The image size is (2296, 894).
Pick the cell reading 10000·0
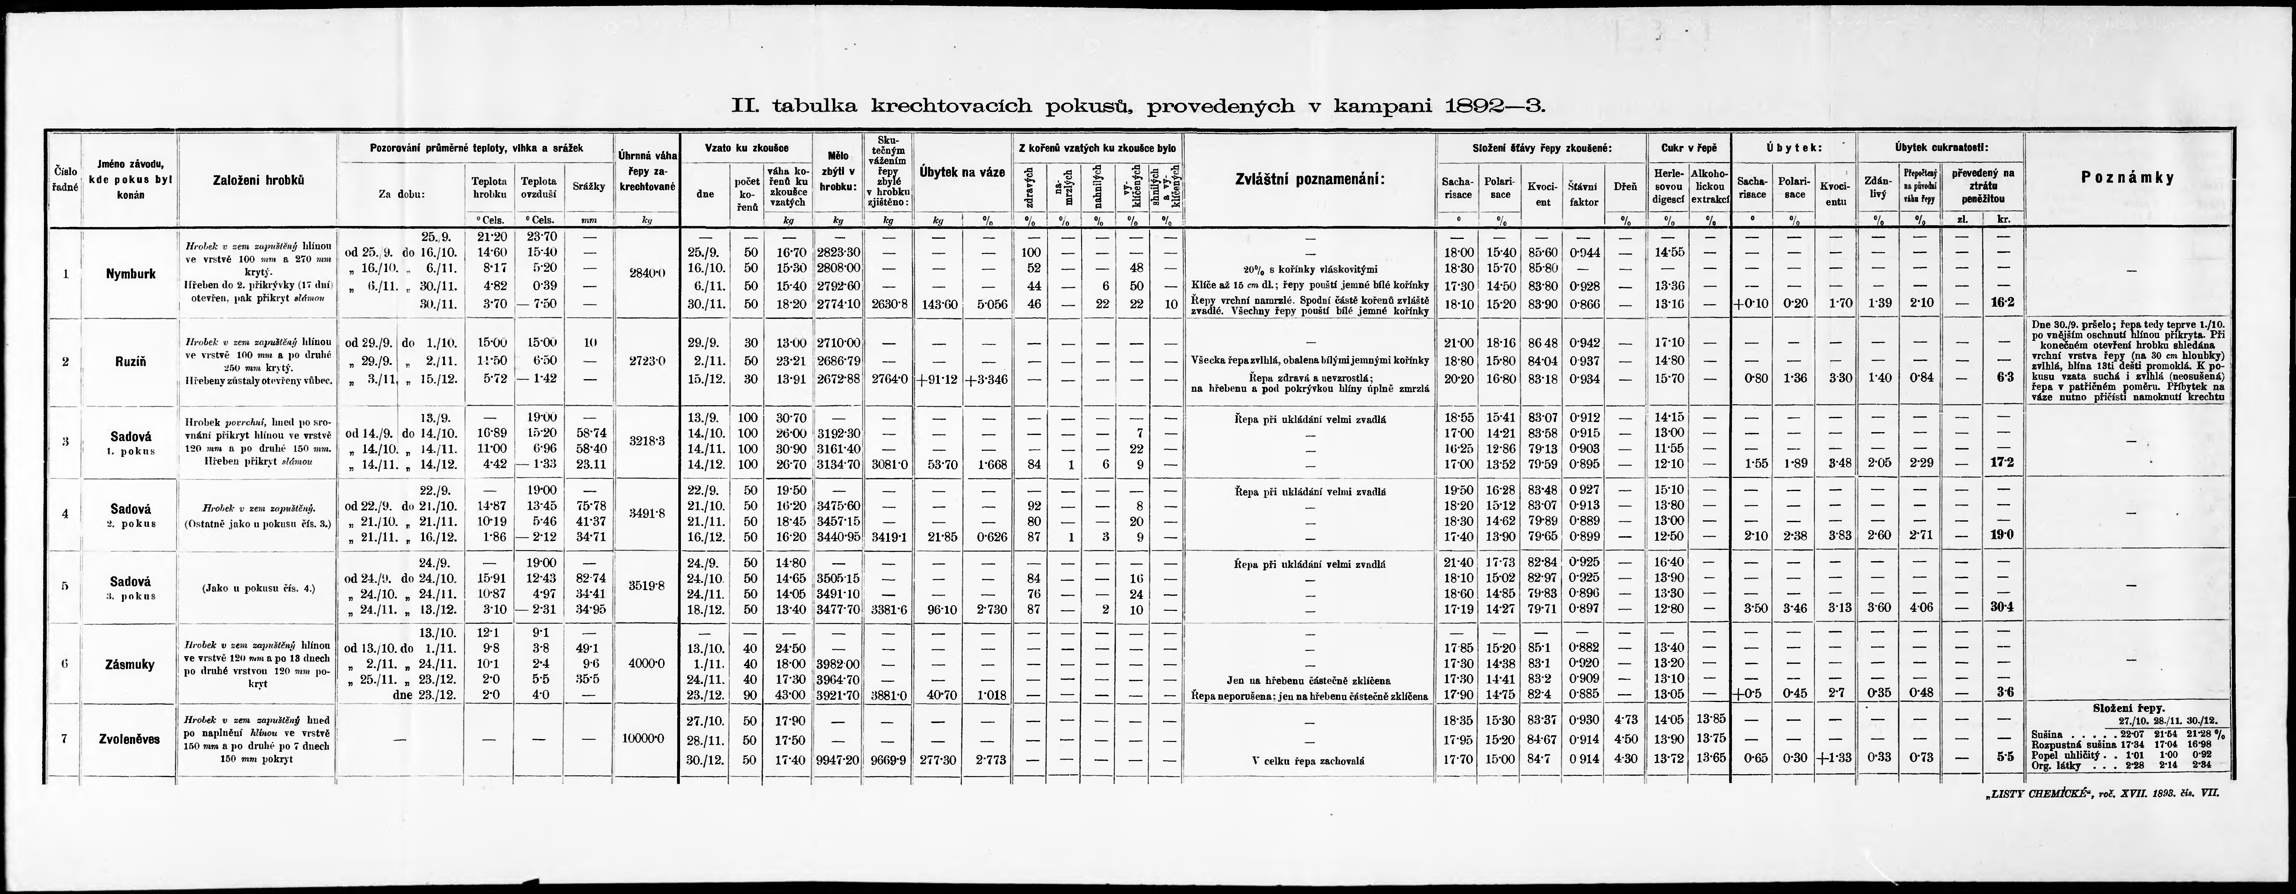click(x=646, y=739)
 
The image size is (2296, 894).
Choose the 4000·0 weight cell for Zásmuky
click(x=646, y=664)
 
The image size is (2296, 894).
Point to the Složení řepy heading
click(x=2127, y=707)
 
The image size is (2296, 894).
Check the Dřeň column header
click(x=1625, y=186)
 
